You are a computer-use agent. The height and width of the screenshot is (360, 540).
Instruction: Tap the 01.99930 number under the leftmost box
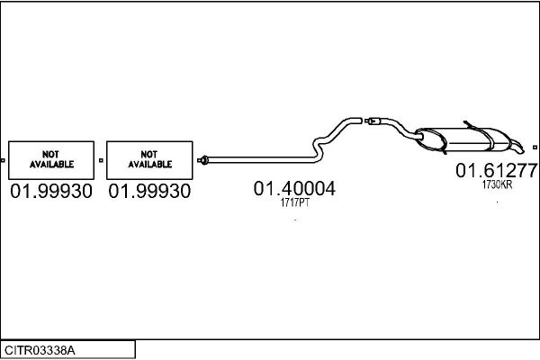point(51,191)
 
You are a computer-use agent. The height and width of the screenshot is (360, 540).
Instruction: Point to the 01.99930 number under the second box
point(149,191)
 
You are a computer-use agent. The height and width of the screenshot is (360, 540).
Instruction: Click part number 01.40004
point(294,188)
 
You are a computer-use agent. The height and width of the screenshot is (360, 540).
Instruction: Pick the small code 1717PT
point(295,202)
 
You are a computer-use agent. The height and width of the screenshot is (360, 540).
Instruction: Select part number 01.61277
point(496,170)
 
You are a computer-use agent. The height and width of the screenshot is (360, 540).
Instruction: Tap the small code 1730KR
point(497,184)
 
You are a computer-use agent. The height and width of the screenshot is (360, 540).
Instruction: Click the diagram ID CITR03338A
point(40,350)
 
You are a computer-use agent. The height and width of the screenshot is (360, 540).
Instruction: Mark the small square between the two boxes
point(101,160)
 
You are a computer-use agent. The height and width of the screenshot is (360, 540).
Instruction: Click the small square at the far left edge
point(3,160)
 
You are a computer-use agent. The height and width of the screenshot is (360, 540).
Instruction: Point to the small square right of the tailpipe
point(535,148)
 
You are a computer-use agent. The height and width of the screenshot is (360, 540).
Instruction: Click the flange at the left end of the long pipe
point(203,160)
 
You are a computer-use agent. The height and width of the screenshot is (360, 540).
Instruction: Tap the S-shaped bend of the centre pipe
point(319,148)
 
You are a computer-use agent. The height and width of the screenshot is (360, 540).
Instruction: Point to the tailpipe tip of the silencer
point(517,148)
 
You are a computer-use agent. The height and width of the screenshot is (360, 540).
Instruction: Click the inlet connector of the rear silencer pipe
point(373,121)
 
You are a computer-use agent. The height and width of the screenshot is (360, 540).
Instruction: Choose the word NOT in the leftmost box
point(50,154)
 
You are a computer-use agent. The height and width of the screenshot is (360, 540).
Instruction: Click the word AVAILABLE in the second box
point(149,165)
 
